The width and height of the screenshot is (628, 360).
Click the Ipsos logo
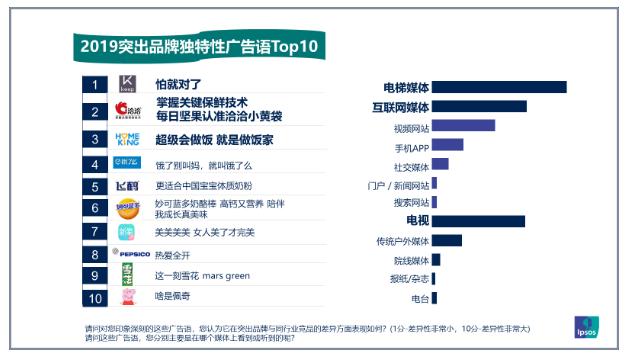pyautogui.click(x=586, y=325)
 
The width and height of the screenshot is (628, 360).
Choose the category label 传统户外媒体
pyautogui.click(x=402, y=241)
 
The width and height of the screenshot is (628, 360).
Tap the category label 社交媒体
pyautogui.click(x=410, y=164)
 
